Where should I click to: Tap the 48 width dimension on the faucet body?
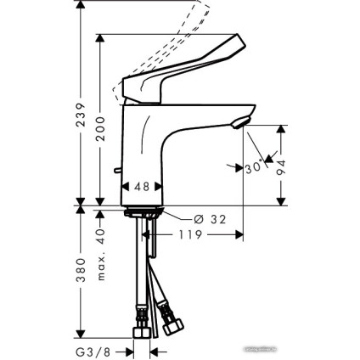(143, 184)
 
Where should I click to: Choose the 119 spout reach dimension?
(192, 235)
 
